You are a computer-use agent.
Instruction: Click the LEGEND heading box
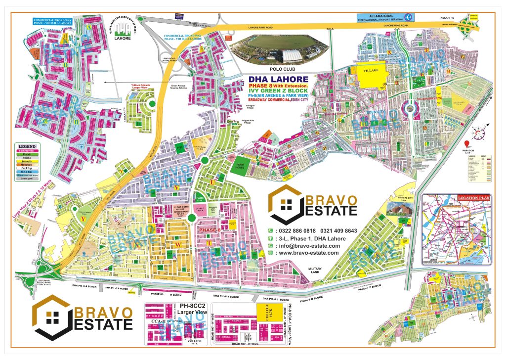[27, 147]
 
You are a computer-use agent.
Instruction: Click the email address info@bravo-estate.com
[309, 246]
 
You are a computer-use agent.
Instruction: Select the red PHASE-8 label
[210, 231]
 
